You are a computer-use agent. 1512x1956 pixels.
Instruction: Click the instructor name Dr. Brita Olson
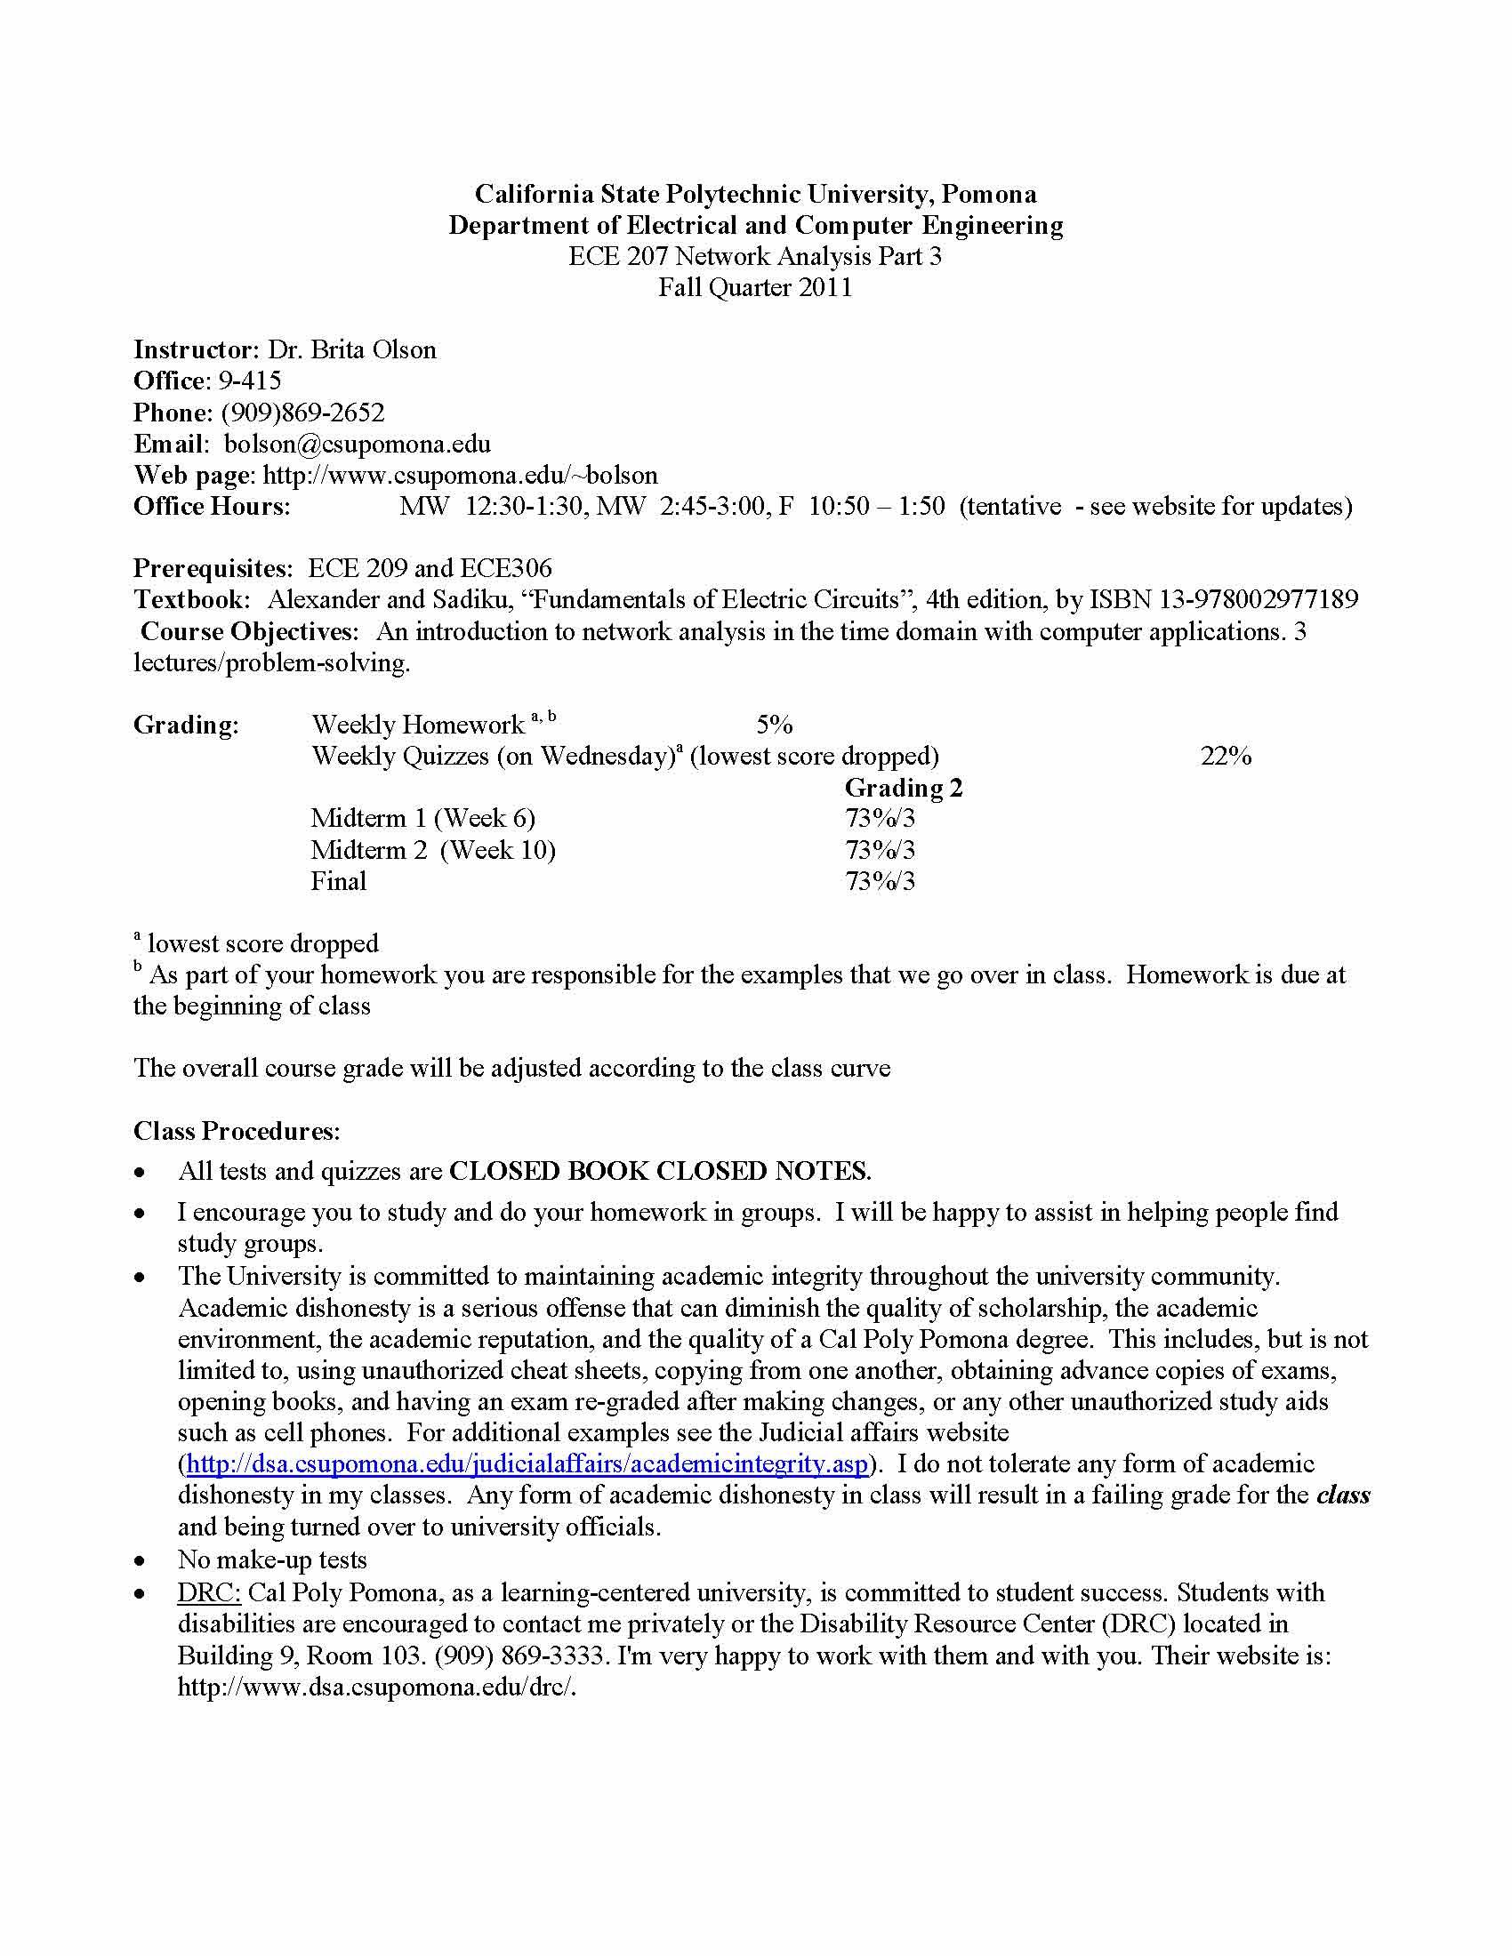(352, 349)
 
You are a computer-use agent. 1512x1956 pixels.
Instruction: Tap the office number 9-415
(250, 381)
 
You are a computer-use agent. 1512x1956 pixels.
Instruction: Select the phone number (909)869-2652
(302, 412)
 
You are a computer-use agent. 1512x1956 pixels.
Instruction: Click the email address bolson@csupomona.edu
(357, 444)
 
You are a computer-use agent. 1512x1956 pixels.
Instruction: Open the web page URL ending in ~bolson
(461, 475)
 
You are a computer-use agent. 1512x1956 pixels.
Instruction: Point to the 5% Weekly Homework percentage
(774, 725)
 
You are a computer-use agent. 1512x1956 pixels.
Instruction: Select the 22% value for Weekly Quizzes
(1226, 756)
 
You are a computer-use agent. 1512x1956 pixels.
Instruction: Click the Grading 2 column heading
(903, 788)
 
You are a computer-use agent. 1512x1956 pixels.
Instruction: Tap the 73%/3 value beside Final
(880, 881)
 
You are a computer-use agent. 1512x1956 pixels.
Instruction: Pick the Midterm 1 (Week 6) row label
(422, 819)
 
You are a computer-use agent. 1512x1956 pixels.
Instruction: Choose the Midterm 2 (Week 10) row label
(432, 850)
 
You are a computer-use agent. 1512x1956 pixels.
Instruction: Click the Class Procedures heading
(237, 1131)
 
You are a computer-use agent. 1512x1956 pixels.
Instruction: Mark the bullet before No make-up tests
(139, 1561)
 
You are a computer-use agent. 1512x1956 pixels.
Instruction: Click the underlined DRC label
(210, 1592)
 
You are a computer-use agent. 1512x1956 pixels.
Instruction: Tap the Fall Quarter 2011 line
(755, 287)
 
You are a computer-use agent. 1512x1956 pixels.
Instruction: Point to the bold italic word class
(1343, 1495)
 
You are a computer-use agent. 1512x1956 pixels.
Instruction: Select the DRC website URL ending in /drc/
(376, 1687)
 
